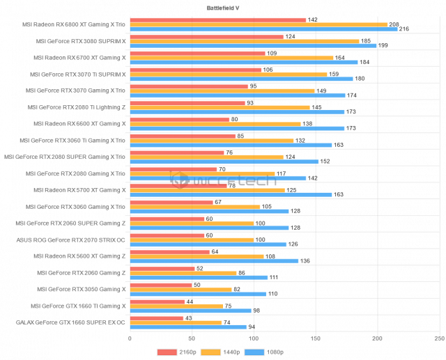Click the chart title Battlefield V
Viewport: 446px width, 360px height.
point(222,8)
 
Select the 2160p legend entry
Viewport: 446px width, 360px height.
point(182,352)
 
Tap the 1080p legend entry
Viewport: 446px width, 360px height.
point(268,352)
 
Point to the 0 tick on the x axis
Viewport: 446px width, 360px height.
point(130,338)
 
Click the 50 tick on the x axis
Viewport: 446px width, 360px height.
point(192,338)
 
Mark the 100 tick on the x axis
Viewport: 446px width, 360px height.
point(254,338)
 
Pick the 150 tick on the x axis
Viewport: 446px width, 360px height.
point(316,338)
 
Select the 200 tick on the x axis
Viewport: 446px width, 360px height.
point(378,338)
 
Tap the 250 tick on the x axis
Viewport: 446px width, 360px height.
point(439,338)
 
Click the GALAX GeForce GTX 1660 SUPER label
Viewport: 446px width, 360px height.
point(70,322)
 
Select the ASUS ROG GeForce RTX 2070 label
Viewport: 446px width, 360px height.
point(70,240)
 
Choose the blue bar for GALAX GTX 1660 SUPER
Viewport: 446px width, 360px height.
point(188,327)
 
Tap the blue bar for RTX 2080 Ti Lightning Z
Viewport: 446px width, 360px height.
point(237,111)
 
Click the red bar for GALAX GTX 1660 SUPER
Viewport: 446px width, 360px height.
point(156,318)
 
